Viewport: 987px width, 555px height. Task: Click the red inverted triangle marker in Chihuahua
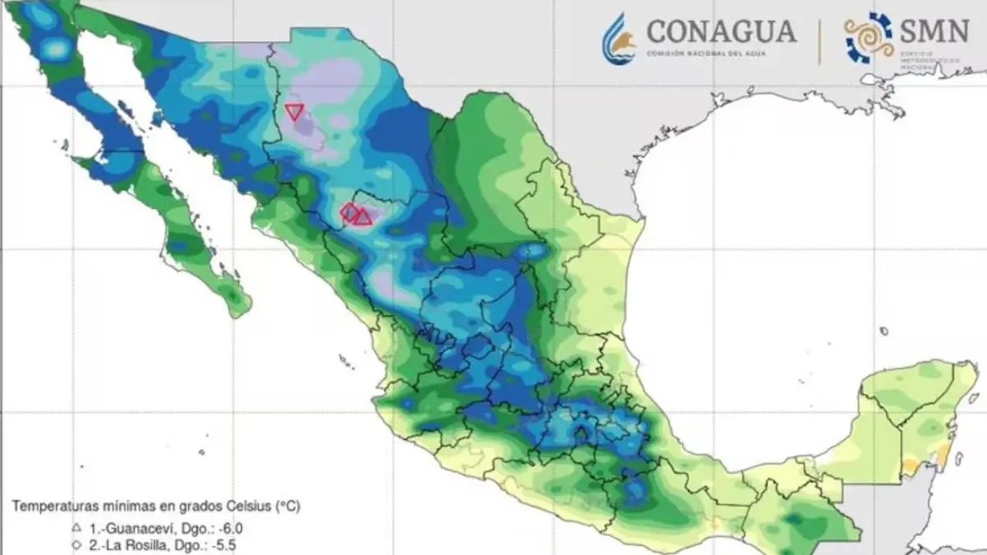click(294, 111)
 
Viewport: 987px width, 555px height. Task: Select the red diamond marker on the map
click(349, 212)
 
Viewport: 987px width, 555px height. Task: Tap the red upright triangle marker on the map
click(363, 216)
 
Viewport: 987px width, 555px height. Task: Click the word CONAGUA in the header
click(721, 31)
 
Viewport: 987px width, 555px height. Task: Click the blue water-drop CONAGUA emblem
click(619, 39)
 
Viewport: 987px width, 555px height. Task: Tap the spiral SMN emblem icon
click(869, 38)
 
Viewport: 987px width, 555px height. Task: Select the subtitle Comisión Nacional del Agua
click(711, 53)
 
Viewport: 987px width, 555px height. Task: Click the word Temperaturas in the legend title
click(54, 506)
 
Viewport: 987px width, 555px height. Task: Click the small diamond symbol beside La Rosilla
click(76, 544)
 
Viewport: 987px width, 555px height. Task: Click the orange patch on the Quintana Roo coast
click(911, 466)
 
